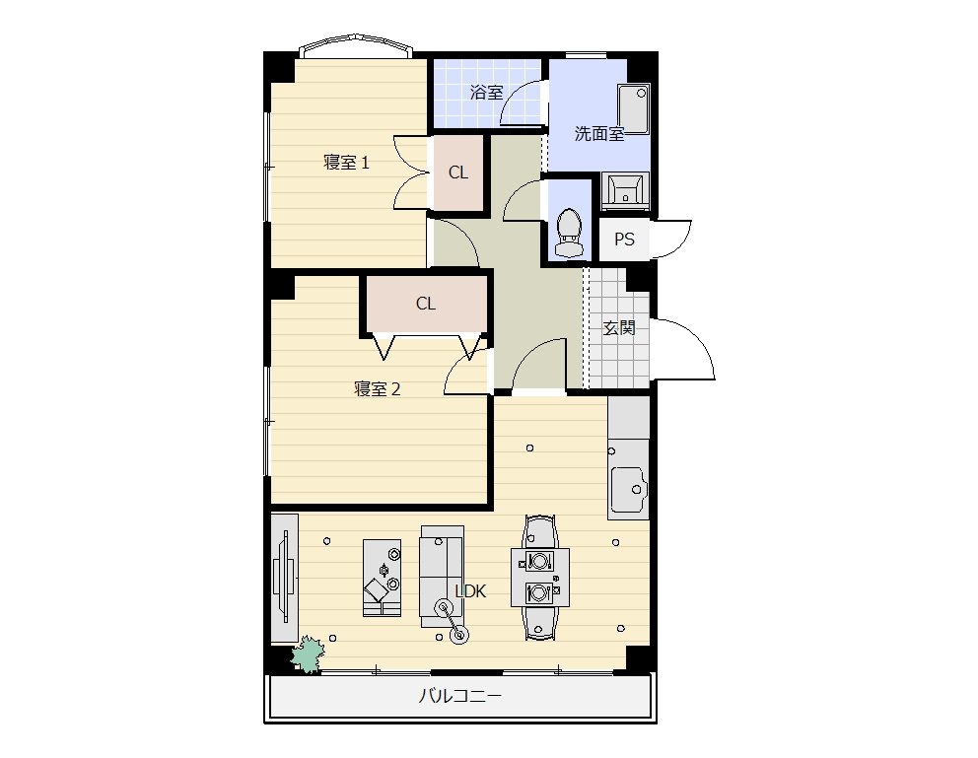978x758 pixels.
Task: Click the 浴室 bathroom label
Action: click(486, 93)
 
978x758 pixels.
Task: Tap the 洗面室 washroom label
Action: click(598, 133)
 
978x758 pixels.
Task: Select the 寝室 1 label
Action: click(346, 163)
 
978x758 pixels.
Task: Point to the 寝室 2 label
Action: click(377, 389)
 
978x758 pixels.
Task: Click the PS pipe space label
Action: click(624, 240)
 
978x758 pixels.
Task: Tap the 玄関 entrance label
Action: click(619, 327)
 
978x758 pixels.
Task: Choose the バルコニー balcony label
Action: click(459, 696)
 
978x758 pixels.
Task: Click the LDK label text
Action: click(470, 591)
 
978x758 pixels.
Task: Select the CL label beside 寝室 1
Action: click(458, 172)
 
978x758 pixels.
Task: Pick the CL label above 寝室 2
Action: click(426, 304)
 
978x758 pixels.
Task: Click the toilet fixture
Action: click(568, 233)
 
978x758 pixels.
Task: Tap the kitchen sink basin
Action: click(629, 488)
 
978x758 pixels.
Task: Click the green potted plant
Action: click(308, 654)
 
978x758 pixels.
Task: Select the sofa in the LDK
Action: click(442, 577)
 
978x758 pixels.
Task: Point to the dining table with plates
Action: click(540, 578)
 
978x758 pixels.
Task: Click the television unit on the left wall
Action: click(284, 578)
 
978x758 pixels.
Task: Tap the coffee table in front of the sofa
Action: click(383, 578)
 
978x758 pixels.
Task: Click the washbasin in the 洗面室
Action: click(634, 109)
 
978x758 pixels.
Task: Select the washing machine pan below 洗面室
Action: click(625, 191)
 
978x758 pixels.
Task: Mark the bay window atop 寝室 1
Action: click(356, 46)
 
